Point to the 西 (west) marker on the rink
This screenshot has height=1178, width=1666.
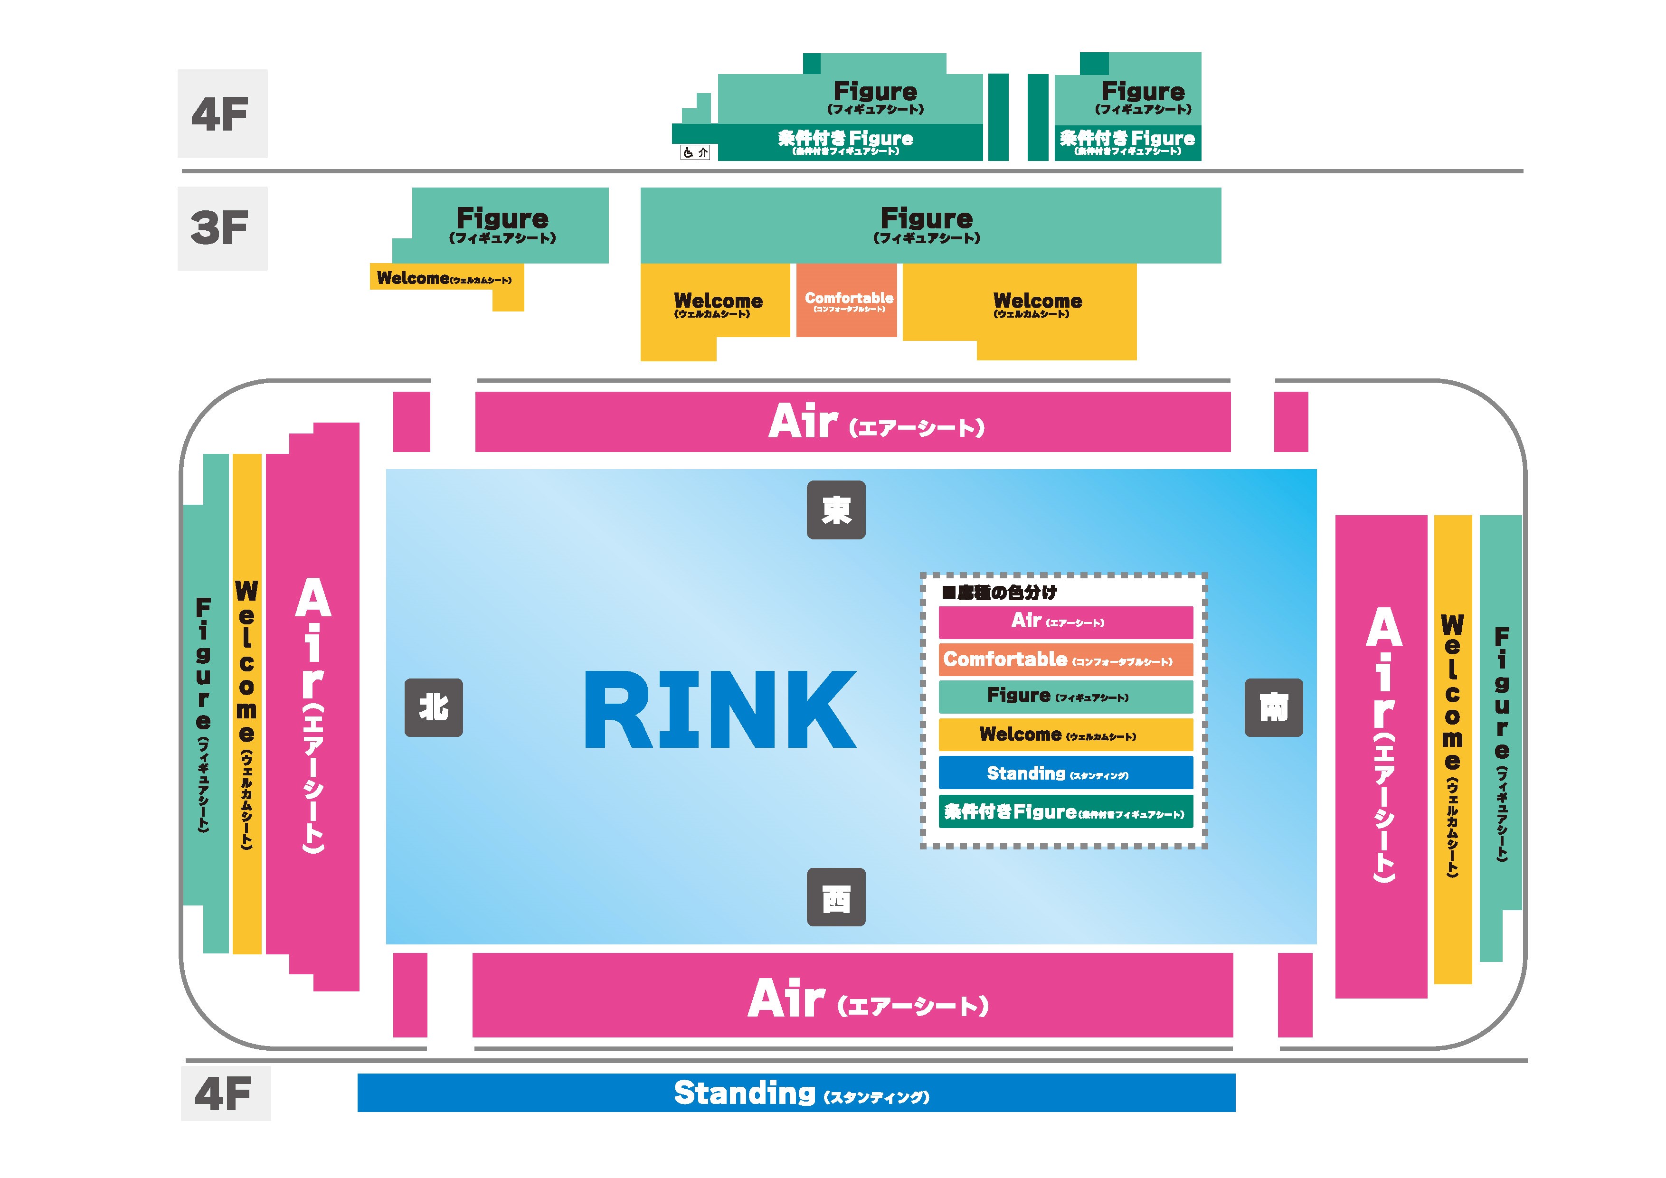[x=836, y=897]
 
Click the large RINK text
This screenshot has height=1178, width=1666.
[x=720, y=709]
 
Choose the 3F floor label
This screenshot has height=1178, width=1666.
[x=222, y=228]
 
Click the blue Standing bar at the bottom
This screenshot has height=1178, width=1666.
[x=796, y=1093]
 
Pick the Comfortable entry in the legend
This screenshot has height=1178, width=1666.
[x=1065, y=660]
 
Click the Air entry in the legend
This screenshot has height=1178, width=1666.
[x=1065, y=622]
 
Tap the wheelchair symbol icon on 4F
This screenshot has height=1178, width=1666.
[x=688, y=152]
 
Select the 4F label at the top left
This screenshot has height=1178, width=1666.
[x=222, y=114]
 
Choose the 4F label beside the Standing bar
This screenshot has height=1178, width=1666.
[x=225, y=1093]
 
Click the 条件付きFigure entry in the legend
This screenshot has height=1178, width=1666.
[x=1065, y=812]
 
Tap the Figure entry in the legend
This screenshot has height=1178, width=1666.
[x=1065, y=697]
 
